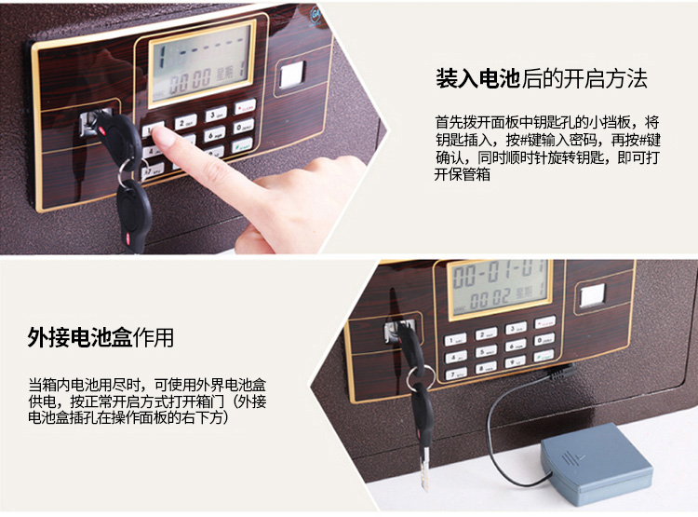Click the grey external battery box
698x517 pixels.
[597, 464]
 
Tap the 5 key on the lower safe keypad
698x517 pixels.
[486, 352]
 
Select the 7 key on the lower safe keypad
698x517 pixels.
[456, 374]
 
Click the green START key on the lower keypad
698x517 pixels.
[544, 356]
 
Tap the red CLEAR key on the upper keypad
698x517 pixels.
[245, 107]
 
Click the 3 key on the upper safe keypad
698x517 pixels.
[216, 115]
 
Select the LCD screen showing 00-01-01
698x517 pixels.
[500, 289]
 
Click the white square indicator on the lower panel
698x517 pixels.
[593, 296]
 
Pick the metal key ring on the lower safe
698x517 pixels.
[421, 377]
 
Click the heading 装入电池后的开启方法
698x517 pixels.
[542, 79]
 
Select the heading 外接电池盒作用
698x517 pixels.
[101, 337]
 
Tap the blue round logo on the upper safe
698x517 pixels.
[315, 14]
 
